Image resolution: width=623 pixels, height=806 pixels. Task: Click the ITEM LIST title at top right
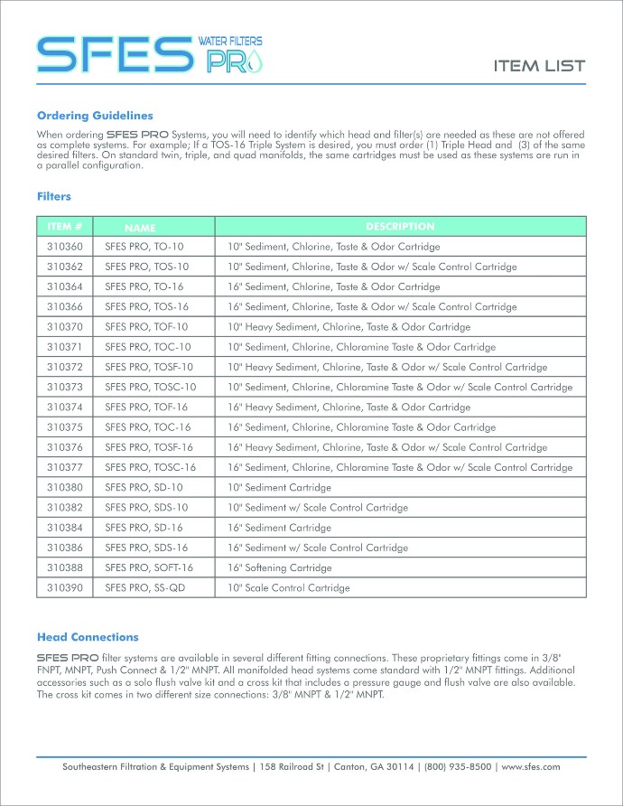click(x=539, y=66)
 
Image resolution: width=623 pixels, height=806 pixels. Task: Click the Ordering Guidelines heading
click(x=95, y=116)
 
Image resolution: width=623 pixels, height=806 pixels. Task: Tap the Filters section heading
click(x=54, y=196)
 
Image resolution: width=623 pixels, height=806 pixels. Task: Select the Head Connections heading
click(x=88, y=637)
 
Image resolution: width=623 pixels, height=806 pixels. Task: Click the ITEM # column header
click(x=65, y=227)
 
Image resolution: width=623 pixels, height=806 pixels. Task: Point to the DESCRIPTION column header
click(x=400, y=227)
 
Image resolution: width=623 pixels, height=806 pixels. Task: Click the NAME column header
click(x=141, y=229)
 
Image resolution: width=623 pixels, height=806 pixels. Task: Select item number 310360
click(x=65, y=247)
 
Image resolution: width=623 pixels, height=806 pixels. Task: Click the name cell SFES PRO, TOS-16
click(x=147, y=307)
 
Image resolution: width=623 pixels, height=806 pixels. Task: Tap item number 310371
click(x=65, y=347)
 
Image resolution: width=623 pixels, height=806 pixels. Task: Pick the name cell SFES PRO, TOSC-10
click(x=151, y=388)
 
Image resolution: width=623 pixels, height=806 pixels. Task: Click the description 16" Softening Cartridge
click(x=280, y=568)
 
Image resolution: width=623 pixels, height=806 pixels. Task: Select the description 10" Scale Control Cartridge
click(x=288, y=588)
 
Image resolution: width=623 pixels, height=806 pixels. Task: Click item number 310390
click(x=65, y=588)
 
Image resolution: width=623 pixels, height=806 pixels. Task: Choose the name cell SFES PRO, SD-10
click(x=144, y=488)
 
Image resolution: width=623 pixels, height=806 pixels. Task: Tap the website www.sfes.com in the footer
click(x=531, y=766)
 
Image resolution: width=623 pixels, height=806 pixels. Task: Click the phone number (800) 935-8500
click(x=458, y=766)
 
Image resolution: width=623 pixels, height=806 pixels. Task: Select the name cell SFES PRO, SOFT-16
click(x=149, y=568)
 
